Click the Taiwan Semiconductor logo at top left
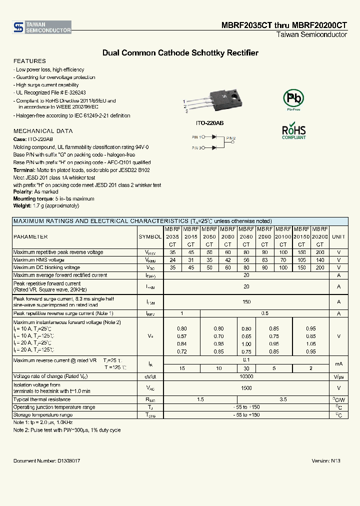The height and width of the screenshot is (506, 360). [x=42, y=27]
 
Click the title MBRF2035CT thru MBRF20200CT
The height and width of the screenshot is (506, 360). [x=284, y=25]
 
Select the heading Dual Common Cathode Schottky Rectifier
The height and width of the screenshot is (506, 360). [x=180, y=52]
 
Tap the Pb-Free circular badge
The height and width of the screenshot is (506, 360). [x=293, y=98]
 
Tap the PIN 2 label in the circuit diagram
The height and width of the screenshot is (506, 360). [x=230, y=137]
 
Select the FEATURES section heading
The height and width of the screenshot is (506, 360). [x=29, y=61]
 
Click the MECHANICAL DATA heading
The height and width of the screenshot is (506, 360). [x=42, y=131]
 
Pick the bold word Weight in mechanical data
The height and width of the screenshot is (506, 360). [x=22, y=205]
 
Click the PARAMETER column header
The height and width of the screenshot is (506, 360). [x=30, y=236]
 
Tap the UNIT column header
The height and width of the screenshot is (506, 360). [x=338, y=236]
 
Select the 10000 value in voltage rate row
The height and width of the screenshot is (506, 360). [x=246, y=376]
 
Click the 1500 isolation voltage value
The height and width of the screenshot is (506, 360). [x=246, y=387]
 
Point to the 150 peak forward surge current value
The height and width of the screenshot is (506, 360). [x=246, y=301]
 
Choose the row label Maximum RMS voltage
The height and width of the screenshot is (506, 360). [x=38, y=260]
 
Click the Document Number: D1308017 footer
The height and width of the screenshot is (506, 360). [x=46, y=460]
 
